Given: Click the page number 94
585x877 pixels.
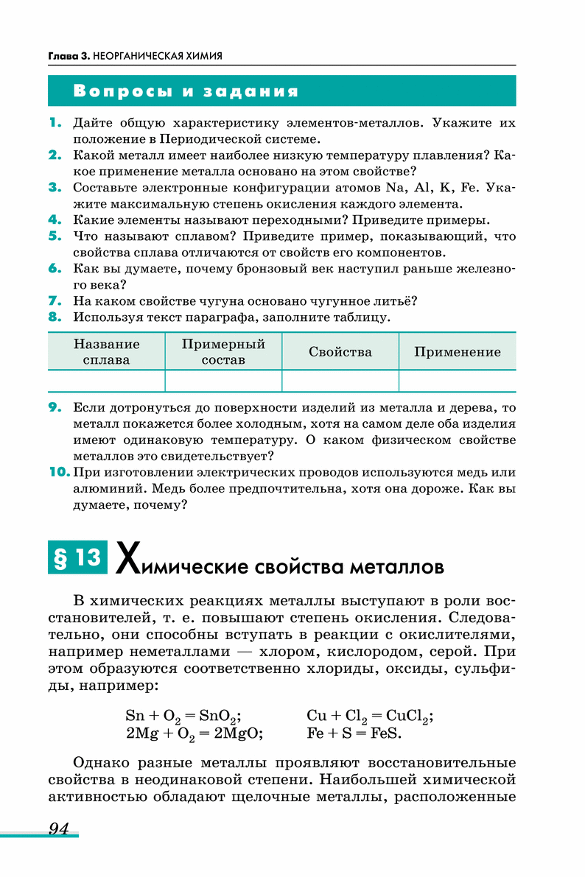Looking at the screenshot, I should (58, 829).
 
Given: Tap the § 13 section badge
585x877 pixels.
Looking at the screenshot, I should (77, 558).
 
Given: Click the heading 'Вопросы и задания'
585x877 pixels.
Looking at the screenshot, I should (186, 91).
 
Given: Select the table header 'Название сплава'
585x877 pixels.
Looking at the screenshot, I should (106, 352).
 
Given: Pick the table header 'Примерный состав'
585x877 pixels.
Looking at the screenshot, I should (223, 352).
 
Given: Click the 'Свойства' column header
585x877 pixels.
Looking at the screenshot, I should (340, 352).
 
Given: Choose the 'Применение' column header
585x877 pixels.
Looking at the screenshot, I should (457, 352).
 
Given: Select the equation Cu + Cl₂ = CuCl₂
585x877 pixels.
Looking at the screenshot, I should (369, 716).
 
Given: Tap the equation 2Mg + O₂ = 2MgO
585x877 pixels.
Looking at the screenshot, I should (195, 733).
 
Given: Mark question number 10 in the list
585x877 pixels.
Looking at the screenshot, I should (58, 472).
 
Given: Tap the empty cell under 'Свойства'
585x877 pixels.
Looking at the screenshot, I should (340, 381).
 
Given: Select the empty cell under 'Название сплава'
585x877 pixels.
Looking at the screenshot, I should (106, 381).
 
